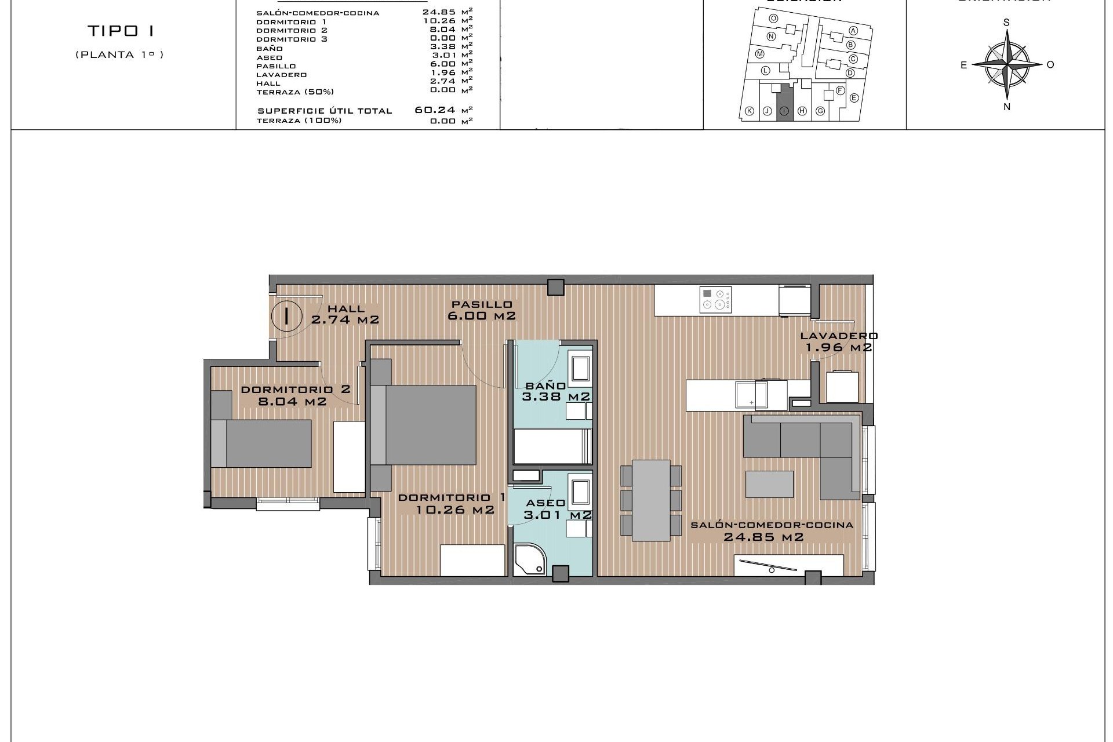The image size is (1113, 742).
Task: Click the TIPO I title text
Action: (121, 31)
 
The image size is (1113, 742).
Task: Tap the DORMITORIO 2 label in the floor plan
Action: (295, 390)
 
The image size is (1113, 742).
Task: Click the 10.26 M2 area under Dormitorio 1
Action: (455, 510)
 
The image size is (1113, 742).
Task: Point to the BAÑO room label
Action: (545, 385)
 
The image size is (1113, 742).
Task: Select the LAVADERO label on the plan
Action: (839, 336)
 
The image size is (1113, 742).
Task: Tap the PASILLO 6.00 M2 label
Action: (482, 310)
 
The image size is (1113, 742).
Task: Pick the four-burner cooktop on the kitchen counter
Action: (715, 300)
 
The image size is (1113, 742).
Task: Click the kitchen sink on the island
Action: (750, 395)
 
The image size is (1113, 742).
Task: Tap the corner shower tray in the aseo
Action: (529, 559)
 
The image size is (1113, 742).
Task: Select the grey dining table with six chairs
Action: (650, 500)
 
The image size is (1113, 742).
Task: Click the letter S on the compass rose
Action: (1006, 23)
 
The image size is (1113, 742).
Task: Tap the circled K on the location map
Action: (749, 111)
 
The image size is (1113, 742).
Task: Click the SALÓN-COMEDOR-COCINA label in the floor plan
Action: (772, 525)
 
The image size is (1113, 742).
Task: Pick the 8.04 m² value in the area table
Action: (443, 30)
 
